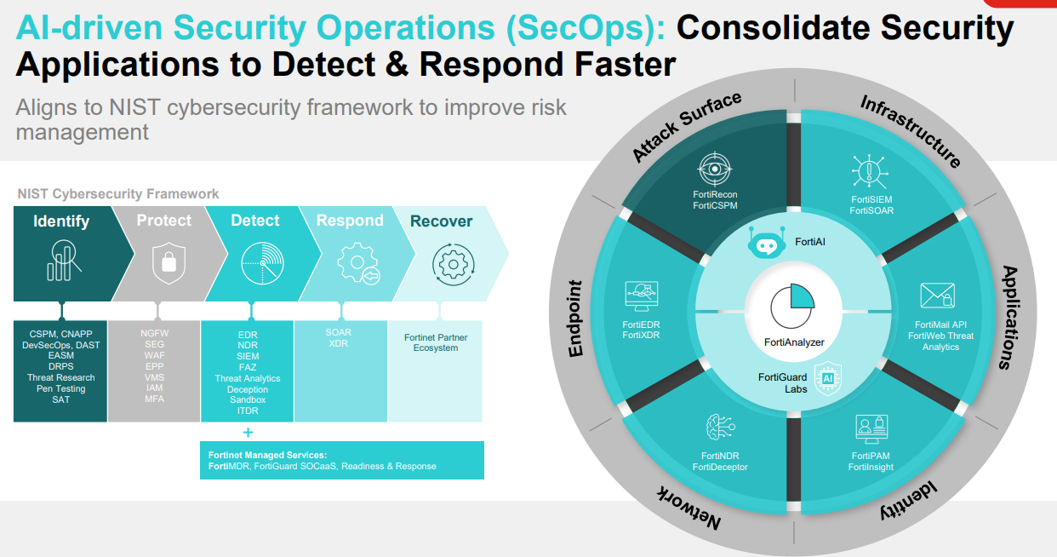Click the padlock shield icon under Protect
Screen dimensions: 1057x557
[x=169, y=263]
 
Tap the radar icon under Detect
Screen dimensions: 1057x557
[x=262, y=263]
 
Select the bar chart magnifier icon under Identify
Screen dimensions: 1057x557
[x=64, y=261]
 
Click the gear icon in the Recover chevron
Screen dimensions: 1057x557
[x=453, y=264]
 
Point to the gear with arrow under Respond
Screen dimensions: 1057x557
[x=358, y=263]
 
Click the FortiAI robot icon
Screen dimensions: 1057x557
[x=766, y=242]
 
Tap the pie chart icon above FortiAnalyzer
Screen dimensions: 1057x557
[x=792, y=306]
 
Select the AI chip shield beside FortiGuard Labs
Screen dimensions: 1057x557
[x=828, y=378]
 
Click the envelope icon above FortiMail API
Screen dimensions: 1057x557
[x=938, y=296]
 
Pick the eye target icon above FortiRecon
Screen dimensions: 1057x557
[x=715, y=169]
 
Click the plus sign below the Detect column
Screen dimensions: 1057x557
[x=248, y=432]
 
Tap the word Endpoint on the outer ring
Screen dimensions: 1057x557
[x=575, y=319]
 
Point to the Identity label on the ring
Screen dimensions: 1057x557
[x=908, y=501]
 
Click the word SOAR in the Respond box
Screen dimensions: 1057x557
[x=339, y=332]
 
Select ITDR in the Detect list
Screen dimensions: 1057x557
[x=248, y=411]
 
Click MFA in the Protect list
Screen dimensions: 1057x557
[x=154, y=399]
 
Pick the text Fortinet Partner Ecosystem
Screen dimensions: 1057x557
[x=436, y=342]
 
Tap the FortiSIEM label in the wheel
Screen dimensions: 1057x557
[x=871, y=199]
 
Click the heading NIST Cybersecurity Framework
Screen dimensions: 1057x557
[x=118, y=194]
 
